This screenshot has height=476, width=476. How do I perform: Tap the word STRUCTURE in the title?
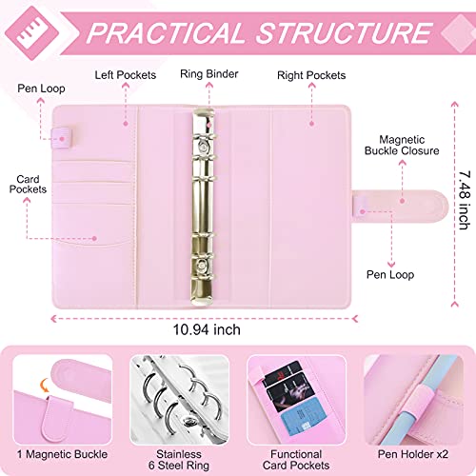(338, 33)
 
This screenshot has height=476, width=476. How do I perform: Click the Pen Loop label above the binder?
(34, 89)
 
